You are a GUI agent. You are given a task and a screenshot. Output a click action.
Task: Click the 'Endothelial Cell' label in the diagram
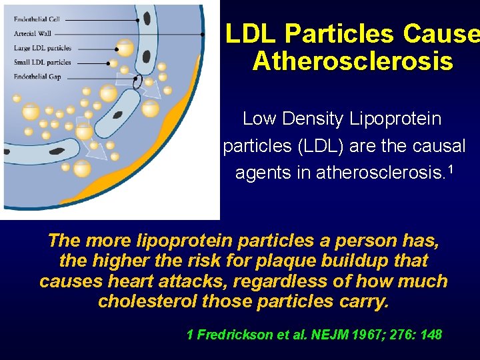tap(37, 19)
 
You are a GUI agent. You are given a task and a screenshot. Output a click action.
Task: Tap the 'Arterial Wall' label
tap(32, 34)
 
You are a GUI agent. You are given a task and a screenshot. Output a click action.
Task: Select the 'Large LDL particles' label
tap(42, 48)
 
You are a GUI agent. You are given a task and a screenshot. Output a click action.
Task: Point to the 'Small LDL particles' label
tap(42, 63)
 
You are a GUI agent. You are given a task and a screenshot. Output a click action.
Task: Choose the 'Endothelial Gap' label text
tap(37, 77)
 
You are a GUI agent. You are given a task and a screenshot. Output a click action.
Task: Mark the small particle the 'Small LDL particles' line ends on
tap(113, 63)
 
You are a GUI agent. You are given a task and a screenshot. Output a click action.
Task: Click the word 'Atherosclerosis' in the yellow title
tap(353, 61)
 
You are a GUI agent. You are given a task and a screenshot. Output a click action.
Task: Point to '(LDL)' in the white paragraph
tap(311, 145)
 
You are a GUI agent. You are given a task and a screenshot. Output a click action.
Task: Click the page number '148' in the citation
tap(429, 335)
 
